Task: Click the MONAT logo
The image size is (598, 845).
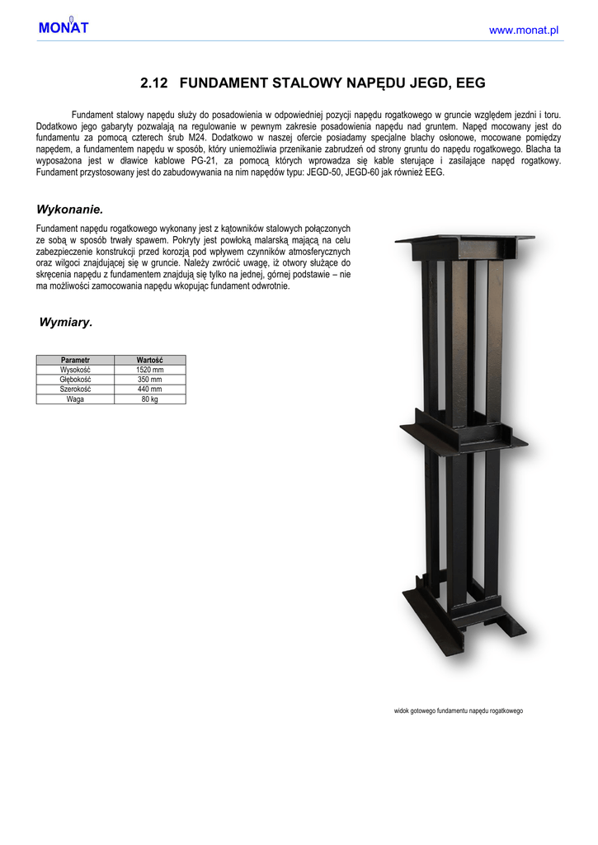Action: [x=63, y=28]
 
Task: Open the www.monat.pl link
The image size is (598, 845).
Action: [x=524, y=30]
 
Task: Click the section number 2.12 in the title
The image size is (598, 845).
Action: [x=154, y=83]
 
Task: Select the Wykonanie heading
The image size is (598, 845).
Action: [x=69, y=209]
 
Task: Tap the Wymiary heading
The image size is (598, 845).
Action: [x=66, y=322]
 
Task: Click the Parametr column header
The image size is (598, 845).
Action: [x=75, y=361]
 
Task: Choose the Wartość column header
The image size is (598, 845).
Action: [x=149, y=361]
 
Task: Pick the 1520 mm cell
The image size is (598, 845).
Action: [x=149, y=371]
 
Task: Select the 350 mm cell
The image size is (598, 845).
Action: [x=149, y=380]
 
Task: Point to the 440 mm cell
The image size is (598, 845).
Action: [x=149, y=389]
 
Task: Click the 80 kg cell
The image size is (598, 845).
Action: [x=149, y=399]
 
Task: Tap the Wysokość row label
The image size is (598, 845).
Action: [x=75, y=371]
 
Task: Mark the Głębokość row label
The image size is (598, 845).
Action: [x=75, y=380]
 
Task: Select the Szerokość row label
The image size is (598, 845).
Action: [x=75, y=389]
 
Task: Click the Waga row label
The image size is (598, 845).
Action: [x=75, y=399]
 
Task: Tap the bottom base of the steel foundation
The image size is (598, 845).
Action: [x=462, y=615]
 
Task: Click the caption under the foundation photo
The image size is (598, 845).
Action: [x=459, y=710]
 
